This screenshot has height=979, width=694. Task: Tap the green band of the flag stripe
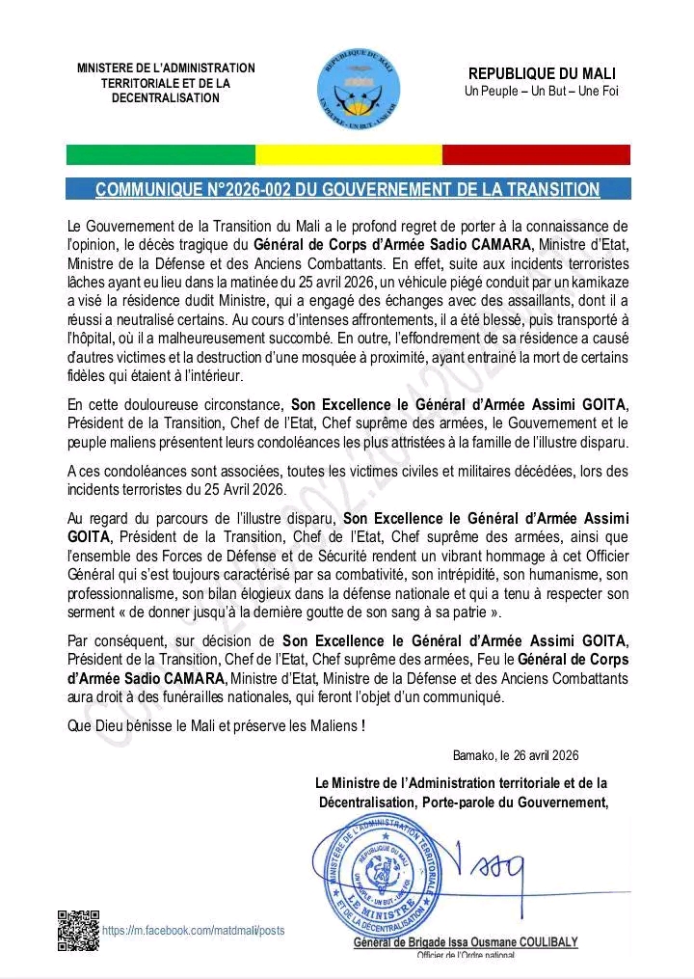160,155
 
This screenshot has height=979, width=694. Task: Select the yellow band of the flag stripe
348,155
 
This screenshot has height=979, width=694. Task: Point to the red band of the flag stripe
536,155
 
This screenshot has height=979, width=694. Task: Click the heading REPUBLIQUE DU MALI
542,74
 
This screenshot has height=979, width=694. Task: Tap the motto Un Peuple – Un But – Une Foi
542,92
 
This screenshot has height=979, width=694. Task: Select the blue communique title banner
348,189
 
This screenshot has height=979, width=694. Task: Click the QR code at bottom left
78,931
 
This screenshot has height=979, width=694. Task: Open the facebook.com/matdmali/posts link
193,931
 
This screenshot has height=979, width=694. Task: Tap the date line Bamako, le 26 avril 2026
516,756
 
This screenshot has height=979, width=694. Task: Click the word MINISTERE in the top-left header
109,68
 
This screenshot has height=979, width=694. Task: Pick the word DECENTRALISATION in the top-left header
166,98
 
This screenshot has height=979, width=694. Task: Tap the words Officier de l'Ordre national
466,955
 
